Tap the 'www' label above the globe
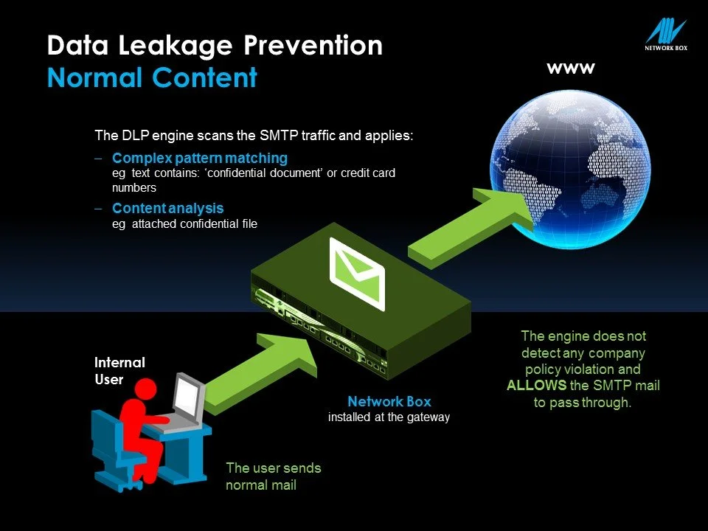click(570, 69)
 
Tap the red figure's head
click(141, 389)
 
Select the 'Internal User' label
click(119, 371)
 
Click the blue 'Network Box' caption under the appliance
click(389, 402)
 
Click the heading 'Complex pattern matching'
click(200, 159)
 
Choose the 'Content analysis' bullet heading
click(167, 209)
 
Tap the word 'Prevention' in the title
click(319, 46)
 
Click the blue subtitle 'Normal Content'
click(152, 77)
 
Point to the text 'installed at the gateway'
click(389, 417)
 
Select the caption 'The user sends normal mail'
click(273, 476)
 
